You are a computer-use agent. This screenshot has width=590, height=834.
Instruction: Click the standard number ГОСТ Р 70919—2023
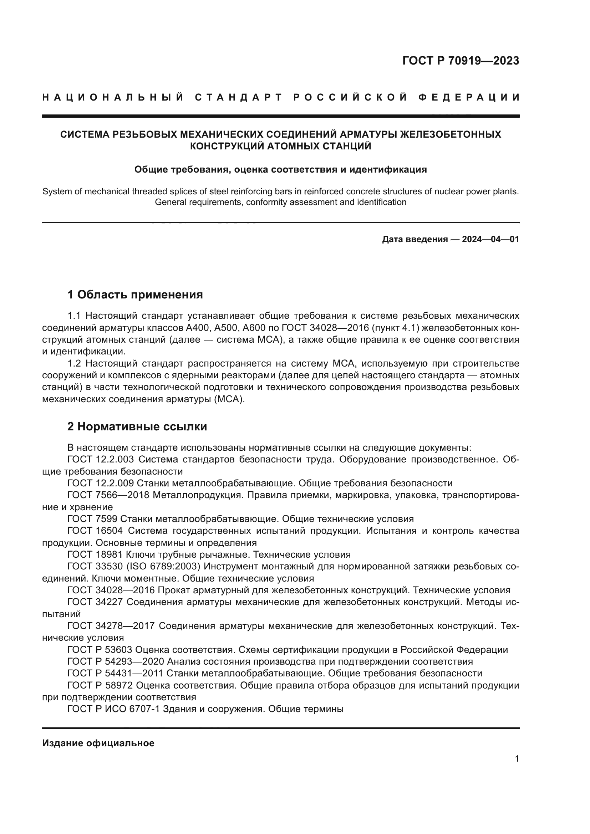click(x=460, y=61)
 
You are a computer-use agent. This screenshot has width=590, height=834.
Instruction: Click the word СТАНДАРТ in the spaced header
click(x=238, y=97)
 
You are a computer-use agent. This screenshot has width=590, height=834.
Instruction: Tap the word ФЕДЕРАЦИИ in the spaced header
click(x=469, y=97)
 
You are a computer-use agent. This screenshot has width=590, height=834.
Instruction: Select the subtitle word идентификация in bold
click(x=388, y=169)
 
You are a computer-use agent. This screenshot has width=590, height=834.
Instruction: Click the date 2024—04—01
click(x=490, y=239)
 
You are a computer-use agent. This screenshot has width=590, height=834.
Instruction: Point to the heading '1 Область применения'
click(x=135, y=294)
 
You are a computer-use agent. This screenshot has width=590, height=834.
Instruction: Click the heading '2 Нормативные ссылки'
click(x=137, y=426)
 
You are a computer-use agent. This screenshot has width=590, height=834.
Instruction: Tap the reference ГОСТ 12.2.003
click(x=101, y=460)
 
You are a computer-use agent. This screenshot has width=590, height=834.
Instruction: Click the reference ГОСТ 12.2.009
click(x=101, y=483)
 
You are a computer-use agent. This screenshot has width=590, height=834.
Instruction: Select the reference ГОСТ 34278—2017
click(x=111, y=626)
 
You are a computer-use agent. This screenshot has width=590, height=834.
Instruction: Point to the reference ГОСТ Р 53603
click(x=99, y=649)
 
